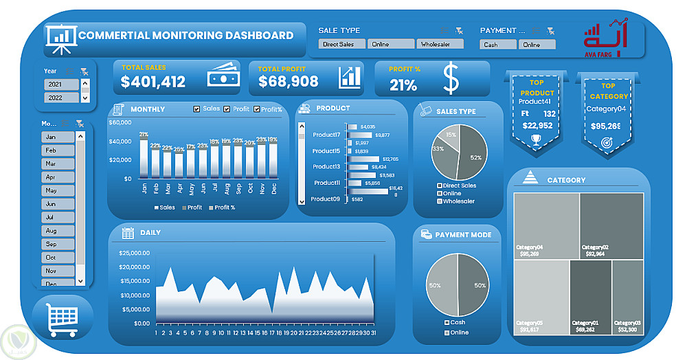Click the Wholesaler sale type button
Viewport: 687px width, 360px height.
[x=440, y=44]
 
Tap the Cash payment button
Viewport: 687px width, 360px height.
[x=498, y=45]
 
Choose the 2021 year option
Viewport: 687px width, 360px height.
[x=62, y=85]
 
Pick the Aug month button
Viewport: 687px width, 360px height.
[x=58, y=231]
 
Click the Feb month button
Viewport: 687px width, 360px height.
[x=58, y=150]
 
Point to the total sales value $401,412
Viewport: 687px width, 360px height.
[x=153, y=82]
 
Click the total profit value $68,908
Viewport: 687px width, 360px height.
[x=289, y=82]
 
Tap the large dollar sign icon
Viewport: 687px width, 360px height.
[x=451, y=79]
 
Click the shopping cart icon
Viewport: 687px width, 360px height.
[x=61, y=319]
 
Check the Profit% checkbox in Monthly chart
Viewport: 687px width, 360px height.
[x=258, y=109]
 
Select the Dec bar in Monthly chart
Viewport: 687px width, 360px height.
[x=273, y=161]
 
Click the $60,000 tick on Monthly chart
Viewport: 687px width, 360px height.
[x=120, y=123]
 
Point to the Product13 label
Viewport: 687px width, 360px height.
[x=326, y=167]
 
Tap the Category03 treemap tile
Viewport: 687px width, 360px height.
[x=627, y=295]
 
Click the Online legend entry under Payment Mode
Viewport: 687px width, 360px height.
[x=458, y=333]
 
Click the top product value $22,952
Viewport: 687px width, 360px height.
[x=537, y=126]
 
